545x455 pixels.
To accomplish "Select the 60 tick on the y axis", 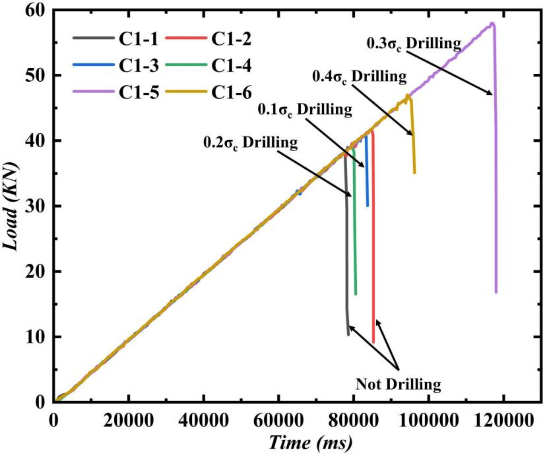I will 38,10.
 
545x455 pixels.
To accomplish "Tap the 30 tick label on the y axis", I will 38,206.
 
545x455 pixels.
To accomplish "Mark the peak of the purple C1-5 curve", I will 492,23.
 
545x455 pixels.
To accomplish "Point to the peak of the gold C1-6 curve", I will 407,95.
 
